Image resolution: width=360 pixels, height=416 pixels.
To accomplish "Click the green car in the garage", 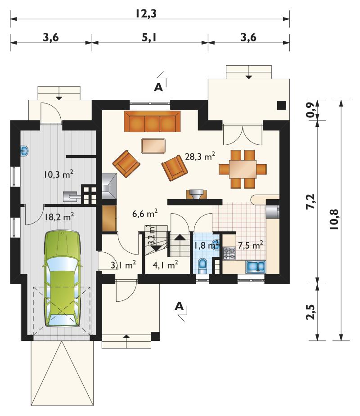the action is pos(62,278).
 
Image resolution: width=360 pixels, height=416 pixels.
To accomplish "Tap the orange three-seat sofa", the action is pos(152,121).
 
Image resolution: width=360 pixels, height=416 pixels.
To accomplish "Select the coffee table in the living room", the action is pos(153,146).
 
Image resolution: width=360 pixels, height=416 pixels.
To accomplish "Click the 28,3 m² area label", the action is pos(200,157).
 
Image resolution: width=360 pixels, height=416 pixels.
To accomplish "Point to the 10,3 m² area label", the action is pos(58,174).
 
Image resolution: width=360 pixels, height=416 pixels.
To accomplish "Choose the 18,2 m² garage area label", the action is pos(59,217).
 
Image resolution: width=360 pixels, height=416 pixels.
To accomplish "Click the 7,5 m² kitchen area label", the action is pos(250,245).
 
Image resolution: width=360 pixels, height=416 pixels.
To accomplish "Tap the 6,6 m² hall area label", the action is pos(145,213).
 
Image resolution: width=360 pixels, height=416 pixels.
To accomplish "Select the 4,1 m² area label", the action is pos(165,264).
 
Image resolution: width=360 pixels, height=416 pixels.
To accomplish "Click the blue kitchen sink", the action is pos(256,267).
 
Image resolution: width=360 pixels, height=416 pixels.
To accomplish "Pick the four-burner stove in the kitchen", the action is pos(229,253).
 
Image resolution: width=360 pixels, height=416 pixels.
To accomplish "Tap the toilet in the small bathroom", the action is pos(203,266).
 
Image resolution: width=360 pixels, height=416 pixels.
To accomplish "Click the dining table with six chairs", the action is pos(243,169).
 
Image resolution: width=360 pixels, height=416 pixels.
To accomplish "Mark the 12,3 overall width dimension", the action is pos(146,13).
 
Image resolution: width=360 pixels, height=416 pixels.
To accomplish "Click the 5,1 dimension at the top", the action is pos(149,37).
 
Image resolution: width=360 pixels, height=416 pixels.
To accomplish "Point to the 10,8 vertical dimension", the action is pos(334,219).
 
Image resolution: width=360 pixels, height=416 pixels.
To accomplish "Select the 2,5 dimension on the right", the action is pos(310,312).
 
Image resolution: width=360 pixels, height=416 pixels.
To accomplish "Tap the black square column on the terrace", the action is pos(282,105).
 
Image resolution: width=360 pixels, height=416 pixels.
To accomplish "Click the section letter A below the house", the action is pos(179,306).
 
